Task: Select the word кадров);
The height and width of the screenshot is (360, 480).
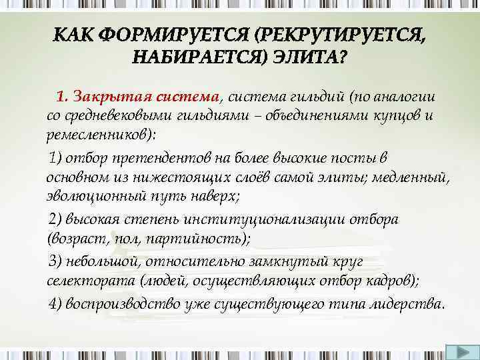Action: (393, 280)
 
